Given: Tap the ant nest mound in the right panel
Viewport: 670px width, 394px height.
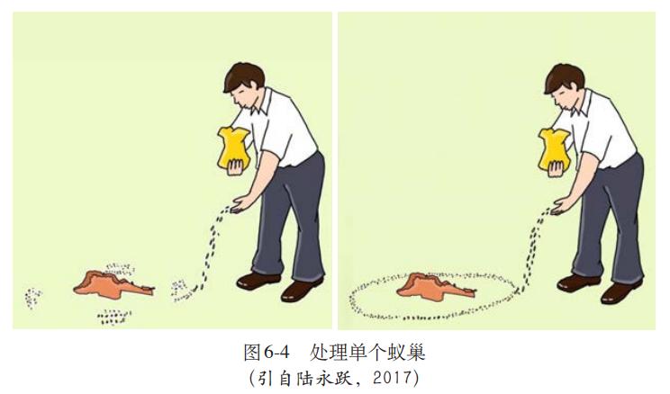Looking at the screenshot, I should [x=431, y=285].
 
